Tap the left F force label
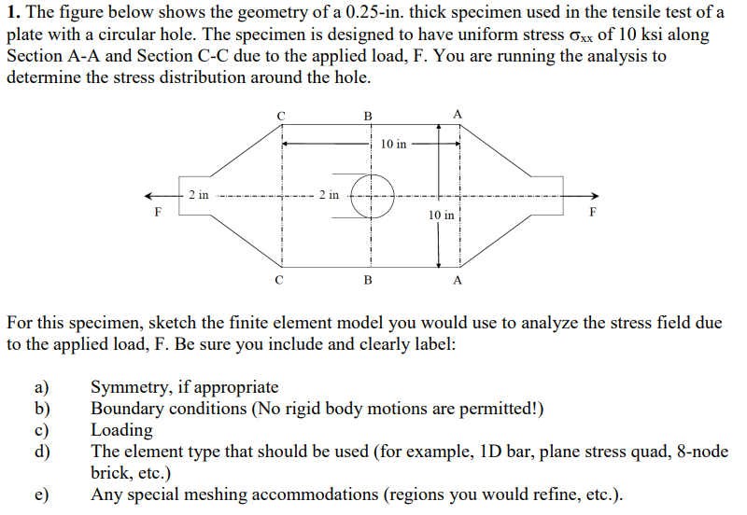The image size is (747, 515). (x=156, y=212)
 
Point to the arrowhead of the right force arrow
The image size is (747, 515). (x=594, y=196)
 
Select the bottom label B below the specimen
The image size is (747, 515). (x=368, y=279)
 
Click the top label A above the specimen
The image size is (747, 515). (x=457, y=114)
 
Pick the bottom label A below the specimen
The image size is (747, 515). (x=457, y=279)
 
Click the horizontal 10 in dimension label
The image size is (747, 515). (x=395, y=144)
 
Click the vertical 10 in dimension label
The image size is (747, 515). (x=442, y=216)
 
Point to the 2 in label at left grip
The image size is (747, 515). (x=198, y=195)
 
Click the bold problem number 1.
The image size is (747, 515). (x=12, y=12)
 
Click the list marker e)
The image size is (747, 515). (x=42, y=494)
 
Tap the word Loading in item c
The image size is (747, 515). (x=121, y=430)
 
